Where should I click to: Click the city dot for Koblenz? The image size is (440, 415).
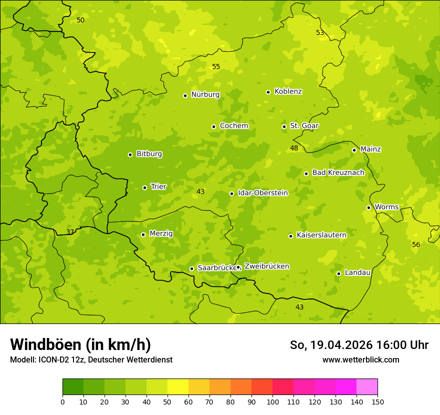(268, 92)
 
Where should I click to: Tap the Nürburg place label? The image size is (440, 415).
(205, 94)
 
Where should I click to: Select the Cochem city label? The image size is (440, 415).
(233, 126)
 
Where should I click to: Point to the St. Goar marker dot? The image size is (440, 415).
(284, 126)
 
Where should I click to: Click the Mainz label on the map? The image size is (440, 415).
(370, 149)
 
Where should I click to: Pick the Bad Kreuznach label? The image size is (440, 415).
(338, 172)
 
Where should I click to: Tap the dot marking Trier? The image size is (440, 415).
(145, 187)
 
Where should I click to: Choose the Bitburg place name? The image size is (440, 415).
(149, 154)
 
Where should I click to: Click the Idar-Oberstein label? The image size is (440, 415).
(262, 193)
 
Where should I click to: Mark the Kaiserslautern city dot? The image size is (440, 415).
(291, 236)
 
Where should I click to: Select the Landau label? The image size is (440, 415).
(357, 272)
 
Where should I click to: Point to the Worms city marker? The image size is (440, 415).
(369, 207)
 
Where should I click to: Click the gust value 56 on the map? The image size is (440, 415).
(416, 244)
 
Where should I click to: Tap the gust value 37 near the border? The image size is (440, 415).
(70, 232)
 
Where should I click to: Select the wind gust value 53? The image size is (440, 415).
(320, 32)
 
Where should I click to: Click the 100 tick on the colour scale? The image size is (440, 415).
(272, 401)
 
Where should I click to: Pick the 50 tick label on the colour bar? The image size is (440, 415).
(167, 401)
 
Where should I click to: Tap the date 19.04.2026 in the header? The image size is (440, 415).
(340, 345)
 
